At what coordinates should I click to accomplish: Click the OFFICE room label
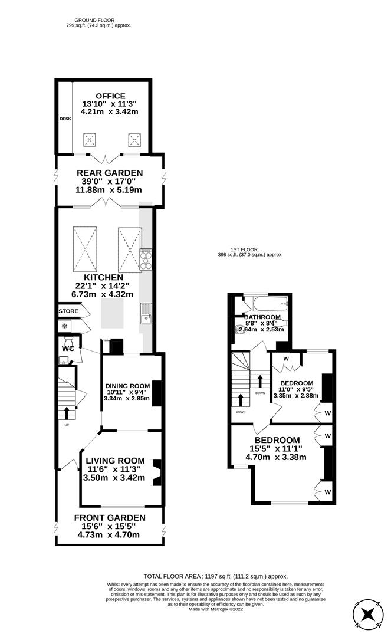(x=111, y=96)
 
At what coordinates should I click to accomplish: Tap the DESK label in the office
(x=64, y=119)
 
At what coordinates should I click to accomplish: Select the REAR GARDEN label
(x=110, y=173)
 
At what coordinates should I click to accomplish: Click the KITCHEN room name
(x=103, y=277)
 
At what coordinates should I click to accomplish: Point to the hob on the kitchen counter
(x=145, y=260)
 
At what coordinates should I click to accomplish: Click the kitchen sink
(x=145, y=319)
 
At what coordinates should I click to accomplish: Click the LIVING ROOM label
(x=115, y=461)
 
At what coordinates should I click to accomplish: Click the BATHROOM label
(x=262, y=317)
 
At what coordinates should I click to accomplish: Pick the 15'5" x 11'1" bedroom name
(x=277, y=440)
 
